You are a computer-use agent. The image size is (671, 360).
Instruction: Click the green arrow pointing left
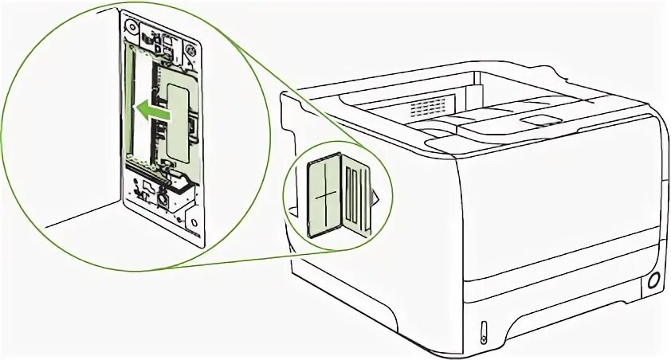[x=151, y=113]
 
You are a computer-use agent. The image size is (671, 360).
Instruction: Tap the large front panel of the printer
[x=558, y=199]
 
